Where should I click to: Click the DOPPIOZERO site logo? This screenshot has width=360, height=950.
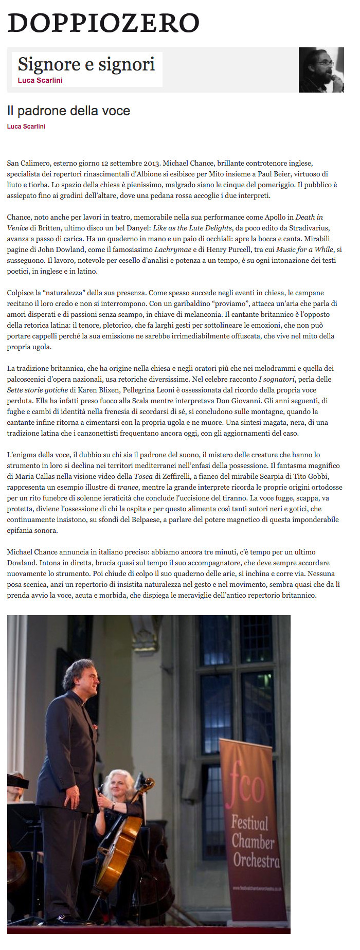coord(103,23)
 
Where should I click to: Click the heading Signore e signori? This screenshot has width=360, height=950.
coord(86,64)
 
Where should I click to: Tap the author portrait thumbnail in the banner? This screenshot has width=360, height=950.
coord(321,70)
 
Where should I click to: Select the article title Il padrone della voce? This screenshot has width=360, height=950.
coord(68,111)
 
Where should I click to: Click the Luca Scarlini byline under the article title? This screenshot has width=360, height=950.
coord(26,127)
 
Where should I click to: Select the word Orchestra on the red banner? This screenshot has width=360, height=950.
coord(256,860)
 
